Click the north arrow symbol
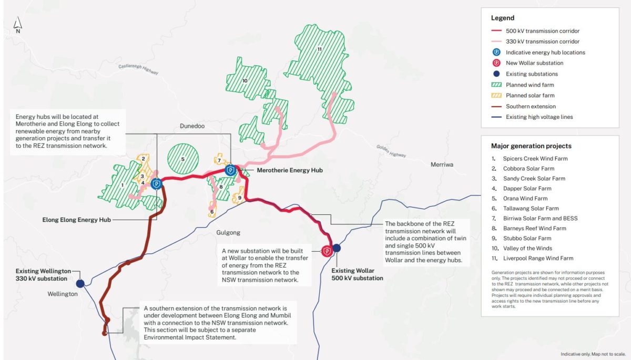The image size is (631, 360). click(x=18, y=24)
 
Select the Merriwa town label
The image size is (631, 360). click(x=442, y=164)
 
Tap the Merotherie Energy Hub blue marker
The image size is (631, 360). click(x=230, y=170)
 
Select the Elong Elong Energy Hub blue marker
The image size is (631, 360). click(x=156, y=184)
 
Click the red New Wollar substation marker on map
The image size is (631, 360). click(x=327, y=251)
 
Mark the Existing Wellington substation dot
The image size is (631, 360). click(x=80, y=283)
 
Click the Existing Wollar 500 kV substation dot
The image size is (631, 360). click(x=337, y=248)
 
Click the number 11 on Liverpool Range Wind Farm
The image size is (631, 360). click(x=319, y=49)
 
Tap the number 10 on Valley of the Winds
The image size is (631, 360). click(x=245, y=80)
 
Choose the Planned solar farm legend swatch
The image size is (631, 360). click(x=496, y=96)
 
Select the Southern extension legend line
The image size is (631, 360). click(x=496, y=106)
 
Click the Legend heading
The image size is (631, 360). click(x=503, y=18)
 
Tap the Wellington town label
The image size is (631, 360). click(x=62, y=294)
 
